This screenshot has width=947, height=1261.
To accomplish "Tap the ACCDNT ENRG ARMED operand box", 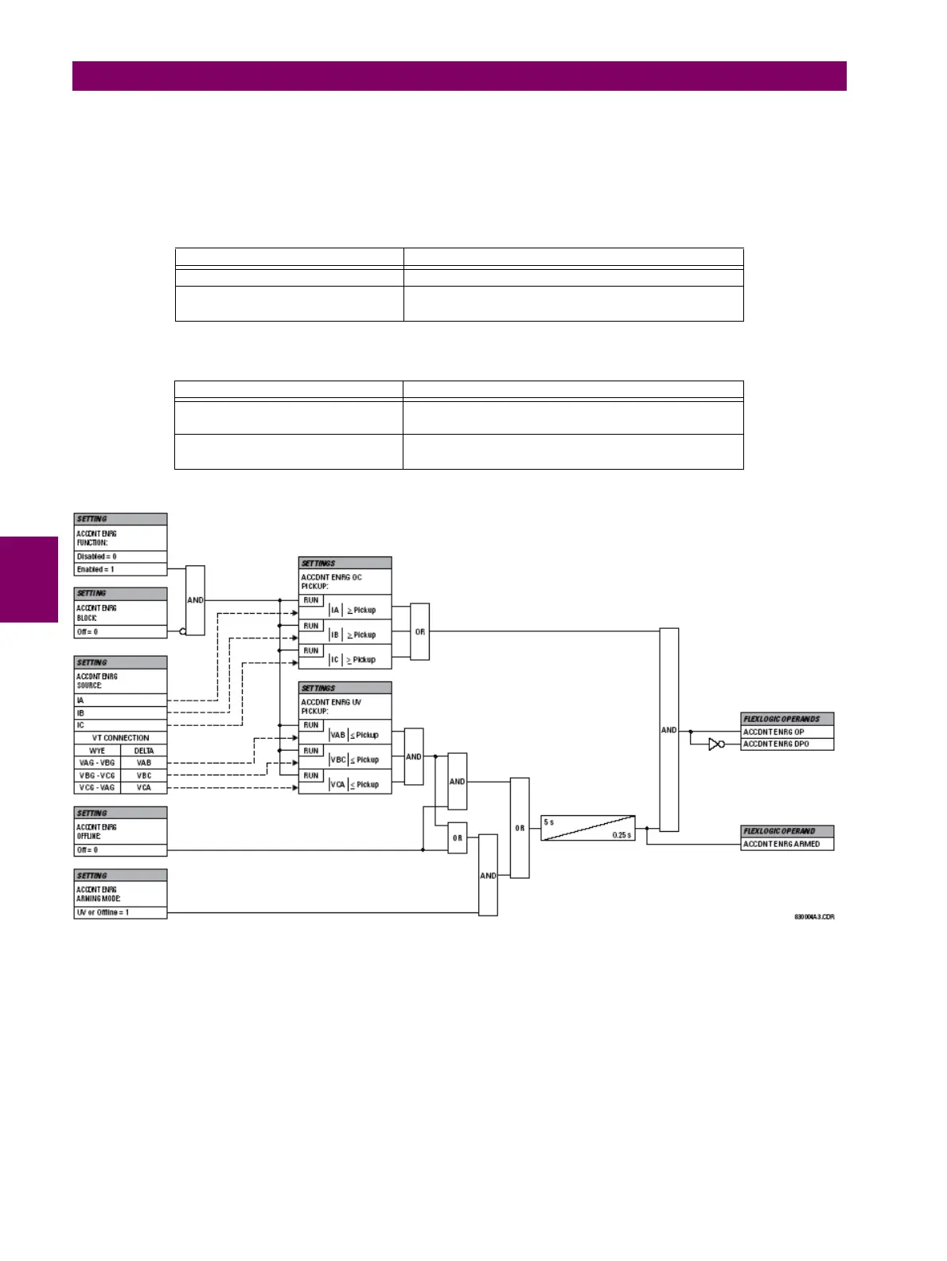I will tap(786, 844).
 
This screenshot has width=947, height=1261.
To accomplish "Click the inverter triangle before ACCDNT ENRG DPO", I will tap(715, 744).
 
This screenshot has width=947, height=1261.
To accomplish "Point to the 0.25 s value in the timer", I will tap(622, 835).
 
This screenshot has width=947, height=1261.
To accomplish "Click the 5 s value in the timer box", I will tap(549, 822).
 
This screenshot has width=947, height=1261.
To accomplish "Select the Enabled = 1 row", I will tap(120, 569).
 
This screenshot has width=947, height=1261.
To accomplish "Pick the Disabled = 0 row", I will tap(120, 556).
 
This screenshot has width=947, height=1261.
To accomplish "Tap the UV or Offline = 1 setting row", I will tap(120, 912).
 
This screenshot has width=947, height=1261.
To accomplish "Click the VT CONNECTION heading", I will tap(120, 738).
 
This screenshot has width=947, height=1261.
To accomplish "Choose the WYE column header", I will tap(97, 751).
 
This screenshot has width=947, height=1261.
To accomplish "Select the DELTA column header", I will tap(144, 751).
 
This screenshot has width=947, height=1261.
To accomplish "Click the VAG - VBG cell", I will tap(97, 763).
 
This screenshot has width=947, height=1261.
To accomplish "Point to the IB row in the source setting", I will tap(120, 713).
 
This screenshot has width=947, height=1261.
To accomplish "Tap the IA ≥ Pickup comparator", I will tap(353, 610).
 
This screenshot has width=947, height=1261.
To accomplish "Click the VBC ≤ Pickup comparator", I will tap(355, 759).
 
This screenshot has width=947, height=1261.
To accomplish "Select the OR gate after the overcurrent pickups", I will tap(419, 632).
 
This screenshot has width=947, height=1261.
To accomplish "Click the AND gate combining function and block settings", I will tap(195, 600).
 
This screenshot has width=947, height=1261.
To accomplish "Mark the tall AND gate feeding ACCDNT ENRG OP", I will tap(668, 730).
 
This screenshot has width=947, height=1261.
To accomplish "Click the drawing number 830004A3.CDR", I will tap(814, 917).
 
